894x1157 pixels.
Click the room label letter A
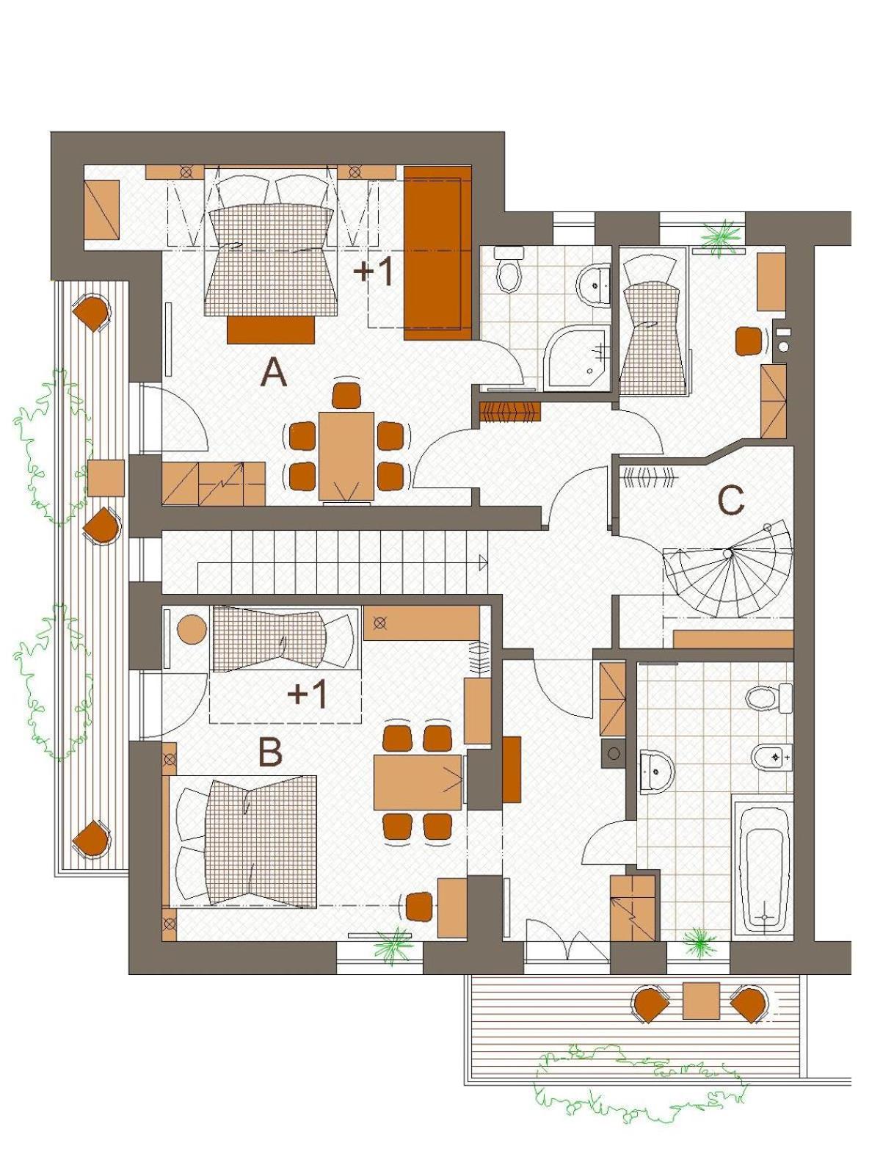[x=274, y=372]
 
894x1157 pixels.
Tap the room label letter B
[x=270, y=752]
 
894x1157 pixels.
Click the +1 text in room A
[x=373, y=272]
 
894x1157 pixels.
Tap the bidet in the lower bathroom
[x=771, y=757]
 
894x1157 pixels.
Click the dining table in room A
[x=346, y=456]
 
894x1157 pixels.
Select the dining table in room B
[x=418, y=782]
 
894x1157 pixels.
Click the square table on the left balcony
[x=106, y=478]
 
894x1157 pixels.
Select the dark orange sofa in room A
[x=437, y=253]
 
